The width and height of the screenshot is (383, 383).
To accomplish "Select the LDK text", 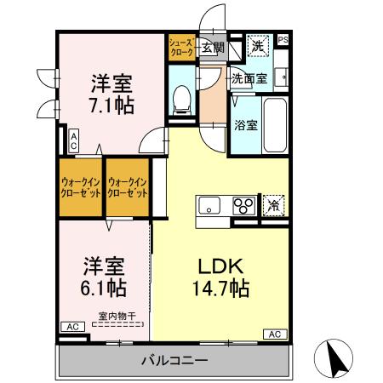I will click(x=218, y=265).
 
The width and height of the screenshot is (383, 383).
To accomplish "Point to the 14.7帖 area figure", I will click(x=218, y=289).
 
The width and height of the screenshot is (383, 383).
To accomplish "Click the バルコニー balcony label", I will click(x=174, y=361).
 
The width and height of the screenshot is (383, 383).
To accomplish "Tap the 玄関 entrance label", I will click(x=211, y=48).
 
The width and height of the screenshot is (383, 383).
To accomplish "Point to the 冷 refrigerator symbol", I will click(x=274, y=204).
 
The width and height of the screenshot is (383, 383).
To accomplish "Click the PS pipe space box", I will click(x=283, y=39).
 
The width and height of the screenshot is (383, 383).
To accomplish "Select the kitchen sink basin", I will click(x=209, y=205).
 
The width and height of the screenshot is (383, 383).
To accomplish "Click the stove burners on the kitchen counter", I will click(x=243, y=205).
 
